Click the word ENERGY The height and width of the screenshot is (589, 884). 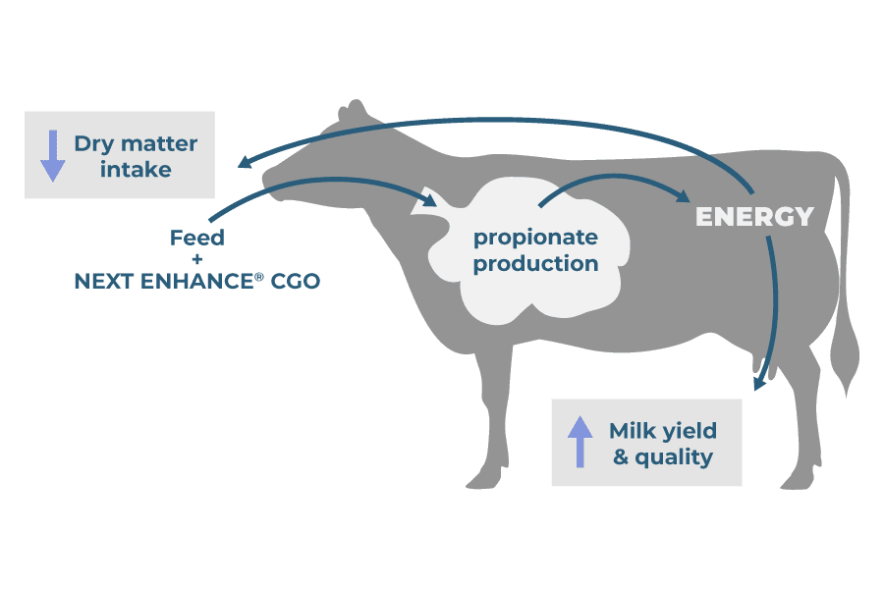754,217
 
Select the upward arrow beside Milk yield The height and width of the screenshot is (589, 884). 580,442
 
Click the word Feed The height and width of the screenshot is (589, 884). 196,239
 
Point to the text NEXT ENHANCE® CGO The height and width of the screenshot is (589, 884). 196,282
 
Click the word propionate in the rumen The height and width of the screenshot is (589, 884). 535,239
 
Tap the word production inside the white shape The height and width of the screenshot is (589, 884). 535,264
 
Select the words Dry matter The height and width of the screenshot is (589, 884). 136,143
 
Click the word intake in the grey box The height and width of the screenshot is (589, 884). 136,170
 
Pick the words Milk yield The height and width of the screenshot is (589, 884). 663,430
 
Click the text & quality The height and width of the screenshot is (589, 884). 663,457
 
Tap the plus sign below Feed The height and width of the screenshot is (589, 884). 196,260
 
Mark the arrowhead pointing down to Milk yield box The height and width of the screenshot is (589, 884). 758,384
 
